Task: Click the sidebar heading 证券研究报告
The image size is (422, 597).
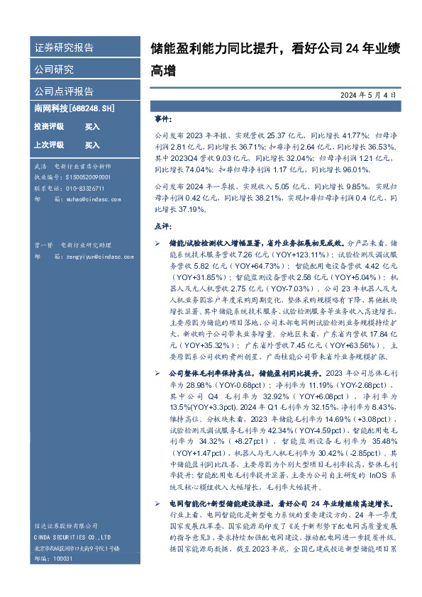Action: coord(64,48)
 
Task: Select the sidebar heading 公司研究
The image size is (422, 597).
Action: coord(54,69)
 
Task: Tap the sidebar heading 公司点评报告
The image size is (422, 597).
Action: coord(64,91)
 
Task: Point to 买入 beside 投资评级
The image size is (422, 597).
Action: coord(92,126)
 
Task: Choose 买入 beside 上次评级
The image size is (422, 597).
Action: coord(92,145)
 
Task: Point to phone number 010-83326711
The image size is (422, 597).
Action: coord(79,188)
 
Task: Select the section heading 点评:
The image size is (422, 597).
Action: coord(162,225)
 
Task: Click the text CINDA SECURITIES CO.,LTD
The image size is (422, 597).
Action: coord(72,537)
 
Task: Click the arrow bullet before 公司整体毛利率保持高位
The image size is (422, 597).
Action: coord(158,372)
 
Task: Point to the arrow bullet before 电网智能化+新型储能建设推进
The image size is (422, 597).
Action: coord(158,502)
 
